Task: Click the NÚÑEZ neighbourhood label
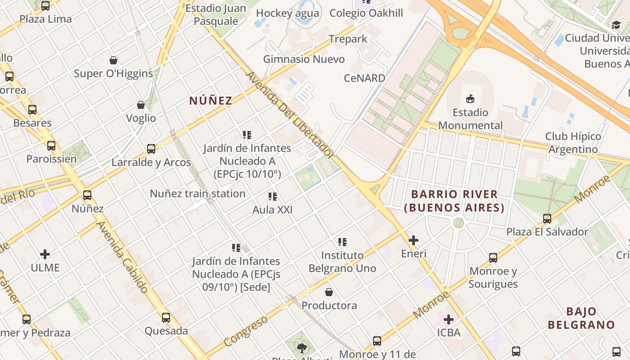[x=211, y=100]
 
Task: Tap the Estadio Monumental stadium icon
[x=470, y=99]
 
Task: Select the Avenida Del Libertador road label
[x=290, y=115]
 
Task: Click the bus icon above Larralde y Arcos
[x=151, y=149]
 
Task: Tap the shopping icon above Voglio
[x=141, y=105]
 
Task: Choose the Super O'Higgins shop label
[x=113, y=73]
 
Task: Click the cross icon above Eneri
[x=414, y=240]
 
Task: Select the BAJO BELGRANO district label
[x=581, y=318]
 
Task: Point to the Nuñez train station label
[x=198, y=194]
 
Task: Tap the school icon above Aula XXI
[x=272, y=197]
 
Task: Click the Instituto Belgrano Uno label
[x=342, y=262]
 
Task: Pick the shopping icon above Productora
[x=329, y=292]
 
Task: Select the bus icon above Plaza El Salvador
[x=547, y=219]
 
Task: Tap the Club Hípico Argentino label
[x=573, y=143]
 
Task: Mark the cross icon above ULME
[x=45, y=254]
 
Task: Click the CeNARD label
[x=364, y=78]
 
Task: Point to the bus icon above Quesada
[x=166, y=318]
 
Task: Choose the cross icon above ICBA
[x=449, y=319]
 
